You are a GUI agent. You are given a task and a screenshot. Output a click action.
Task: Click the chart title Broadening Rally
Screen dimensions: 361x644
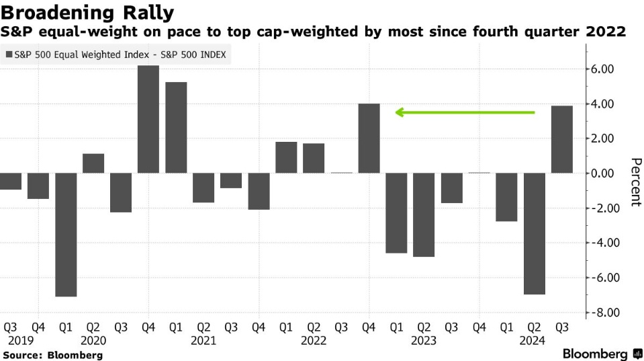coord(89,12)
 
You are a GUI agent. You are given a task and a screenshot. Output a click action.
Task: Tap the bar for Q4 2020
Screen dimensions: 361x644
coord(148,119)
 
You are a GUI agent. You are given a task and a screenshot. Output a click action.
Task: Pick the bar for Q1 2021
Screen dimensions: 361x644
coord(176,127)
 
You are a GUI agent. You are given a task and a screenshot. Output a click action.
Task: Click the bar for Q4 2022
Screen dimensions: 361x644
coord(369,138)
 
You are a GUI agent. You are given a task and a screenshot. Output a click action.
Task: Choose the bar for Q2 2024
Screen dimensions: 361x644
coord(534,233)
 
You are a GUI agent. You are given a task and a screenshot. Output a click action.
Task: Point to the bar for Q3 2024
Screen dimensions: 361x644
coord(562,139)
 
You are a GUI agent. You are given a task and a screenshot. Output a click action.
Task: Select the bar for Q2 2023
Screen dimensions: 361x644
coord(424,214)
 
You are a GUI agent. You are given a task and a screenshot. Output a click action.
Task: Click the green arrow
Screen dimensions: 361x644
coord(465,112)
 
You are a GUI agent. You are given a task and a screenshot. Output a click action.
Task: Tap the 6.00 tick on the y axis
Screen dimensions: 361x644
coord(603,69)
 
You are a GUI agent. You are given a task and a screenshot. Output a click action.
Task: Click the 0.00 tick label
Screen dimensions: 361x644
coord(603,173)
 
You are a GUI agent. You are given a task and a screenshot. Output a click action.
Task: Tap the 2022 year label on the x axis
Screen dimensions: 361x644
coord(314,341)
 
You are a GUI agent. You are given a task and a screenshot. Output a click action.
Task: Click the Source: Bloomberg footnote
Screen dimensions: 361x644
coord(53,355)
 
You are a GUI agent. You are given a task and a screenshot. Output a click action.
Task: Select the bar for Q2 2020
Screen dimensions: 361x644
coord(93,163)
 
